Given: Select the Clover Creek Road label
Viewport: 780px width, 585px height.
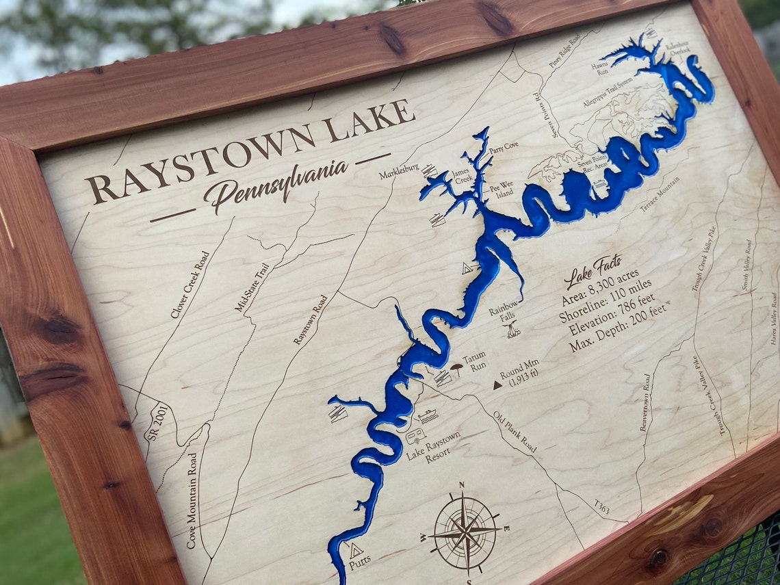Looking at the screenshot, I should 190,285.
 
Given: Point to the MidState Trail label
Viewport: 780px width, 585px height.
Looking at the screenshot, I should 251,287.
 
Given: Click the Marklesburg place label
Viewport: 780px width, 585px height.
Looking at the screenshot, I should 400,172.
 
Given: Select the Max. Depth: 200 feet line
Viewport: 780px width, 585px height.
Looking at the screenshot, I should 616,331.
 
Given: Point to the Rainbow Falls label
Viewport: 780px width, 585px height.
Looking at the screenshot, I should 504,311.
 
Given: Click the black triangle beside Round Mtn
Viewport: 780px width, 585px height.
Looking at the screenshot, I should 497,385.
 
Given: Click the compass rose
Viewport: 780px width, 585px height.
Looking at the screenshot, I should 465,531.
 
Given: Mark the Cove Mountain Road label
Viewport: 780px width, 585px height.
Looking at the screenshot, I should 192,499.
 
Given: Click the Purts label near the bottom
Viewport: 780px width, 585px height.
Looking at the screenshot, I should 360,560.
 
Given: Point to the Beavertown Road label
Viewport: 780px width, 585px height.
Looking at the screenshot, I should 644,402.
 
